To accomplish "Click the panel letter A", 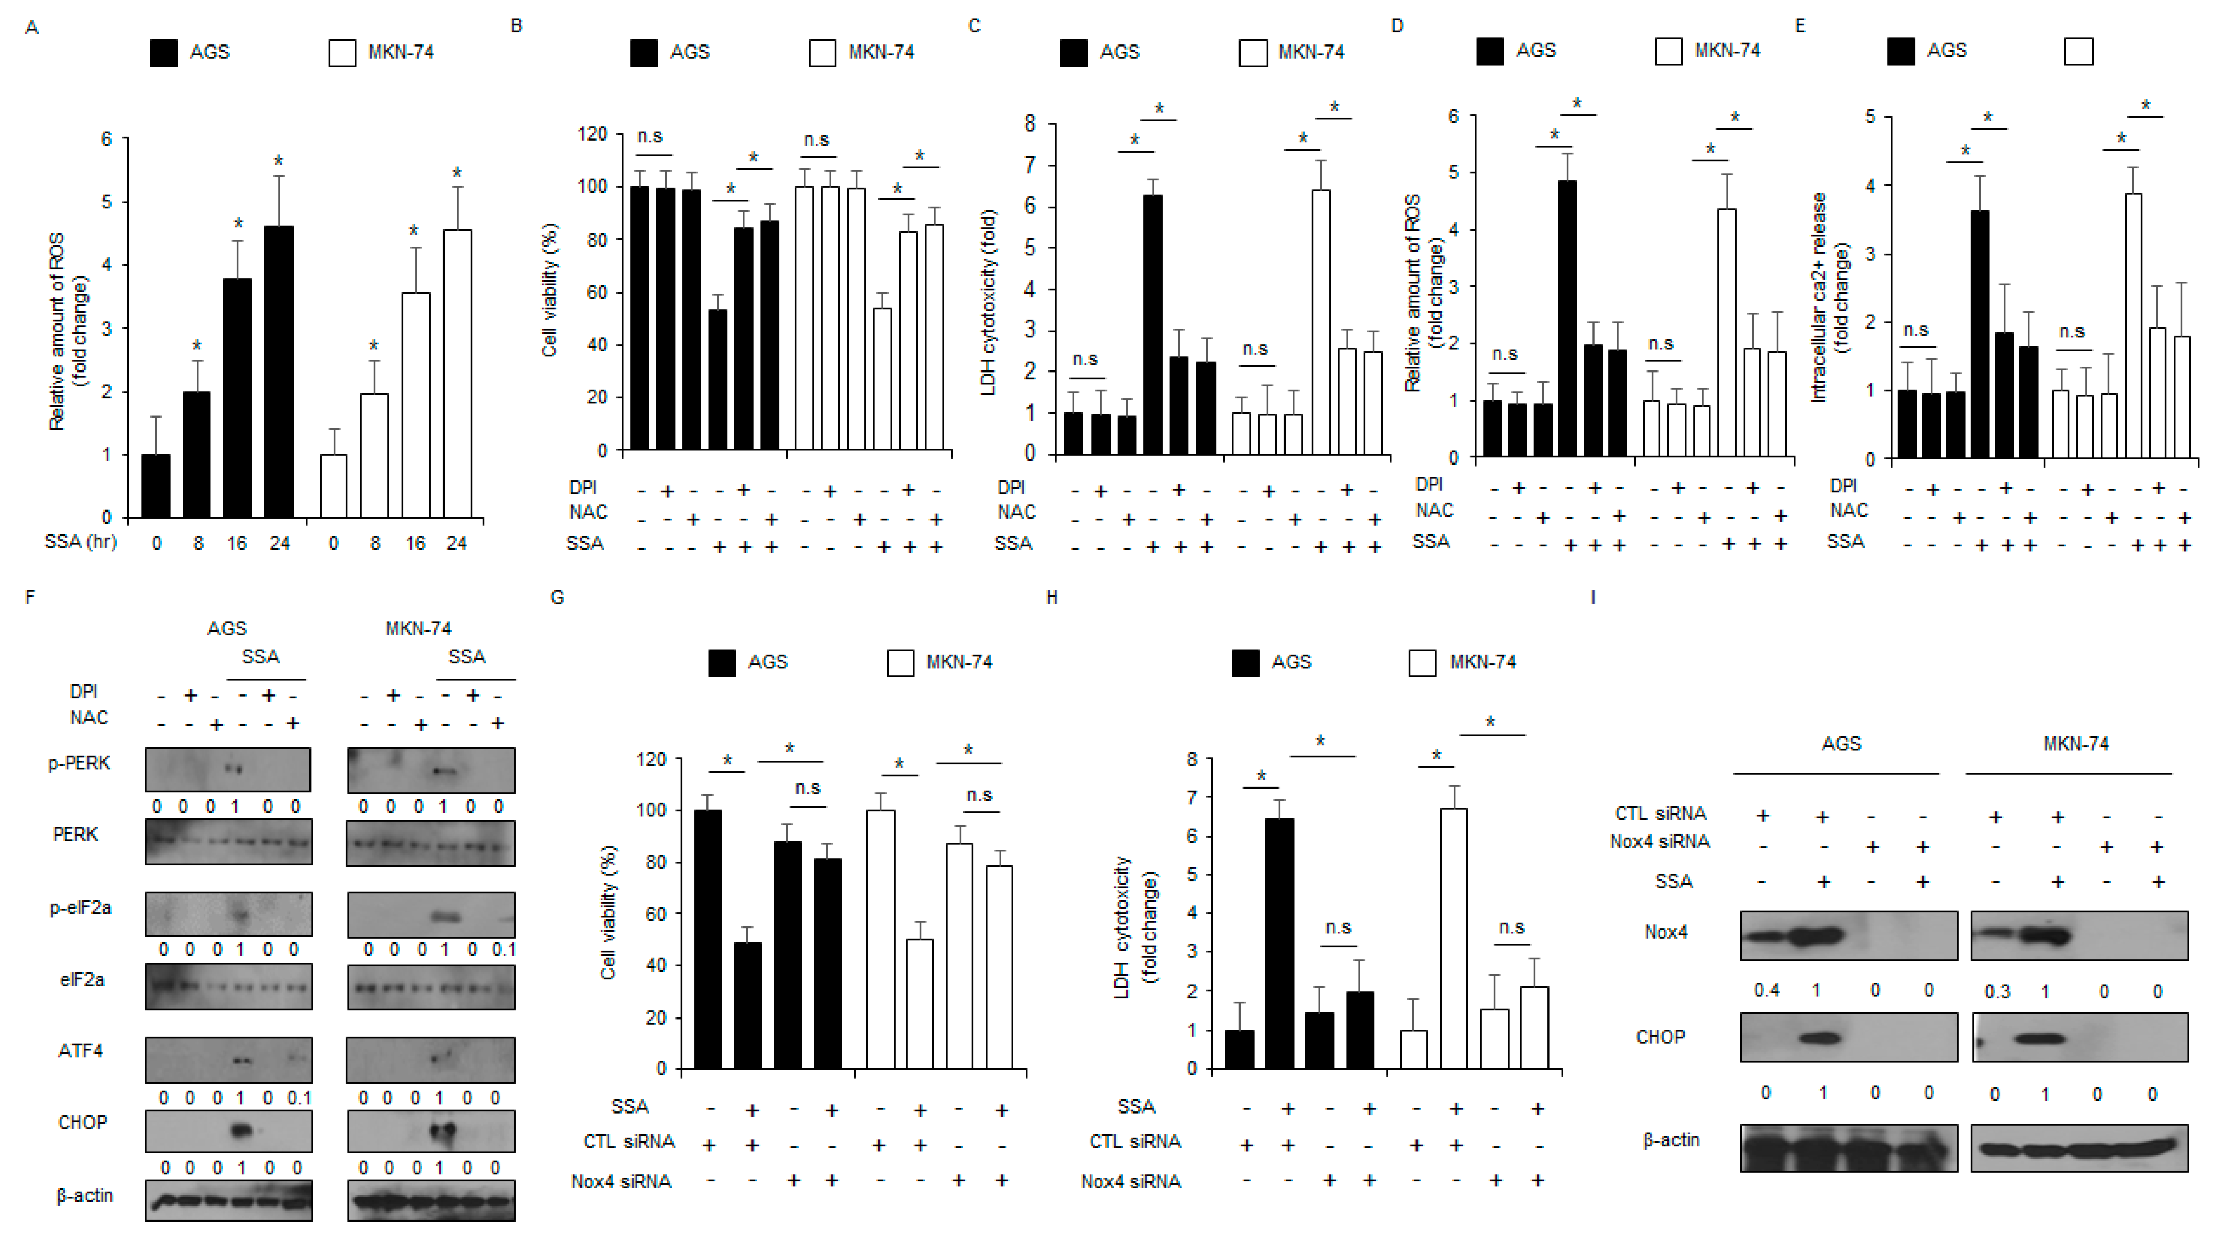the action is [32, 27].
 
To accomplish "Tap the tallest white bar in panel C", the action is [1321, 322].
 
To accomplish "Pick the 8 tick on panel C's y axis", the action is [1030, 124].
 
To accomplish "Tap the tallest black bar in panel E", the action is [1980, 334].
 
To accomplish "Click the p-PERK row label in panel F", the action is [79, 763].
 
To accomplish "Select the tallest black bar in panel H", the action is [1279, 943].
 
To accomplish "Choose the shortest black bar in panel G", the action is [747, 1005].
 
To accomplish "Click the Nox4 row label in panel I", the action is [1665, 932].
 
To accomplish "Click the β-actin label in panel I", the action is [1671, 1140].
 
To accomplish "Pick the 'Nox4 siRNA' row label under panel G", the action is [622, 1181].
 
